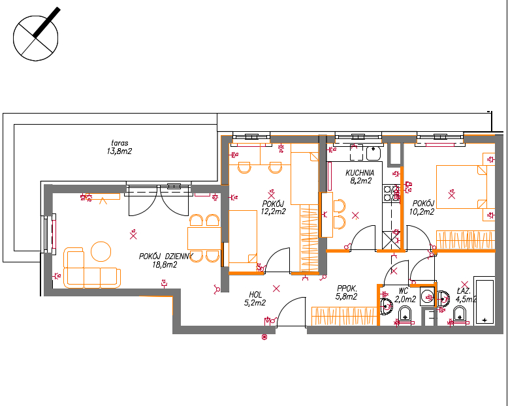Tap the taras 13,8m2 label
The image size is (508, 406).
tap(119, 147)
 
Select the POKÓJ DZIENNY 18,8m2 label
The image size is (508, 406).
tap(166, 260)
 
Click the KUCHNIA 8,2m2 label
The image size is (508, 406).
tap(360, 177)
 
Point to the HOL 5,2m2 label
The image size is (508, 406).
tap(255, 298)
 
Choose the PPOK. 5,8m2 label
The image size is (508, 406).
tap(347, 292)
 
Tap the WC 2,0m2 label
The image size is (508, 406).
tap(405, 295)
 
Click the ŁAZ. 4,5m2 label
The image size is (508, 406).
tap(466, 295)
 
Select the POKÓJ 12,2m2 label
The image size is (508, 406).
tap(274, 208)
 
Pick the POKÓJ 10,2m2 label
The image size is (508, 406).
tap(423, 208)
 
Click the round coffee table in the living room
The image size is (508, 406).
tap(101, 251)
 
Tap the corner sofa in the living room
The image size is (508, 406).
tap(92, 268)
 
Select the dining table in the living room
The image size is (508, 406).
tap(204, 238)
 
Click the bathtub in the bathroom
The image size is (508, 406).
tap(484, 300)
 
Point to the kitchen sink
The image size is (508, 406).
tap(373, 153)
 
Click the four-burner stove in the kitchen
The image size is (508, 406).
tap(390, 193)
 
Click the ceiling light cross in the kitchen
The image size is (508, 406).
tap(355, 215)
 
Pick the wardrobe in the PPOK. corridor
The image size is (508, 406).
tap(344, 316)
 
